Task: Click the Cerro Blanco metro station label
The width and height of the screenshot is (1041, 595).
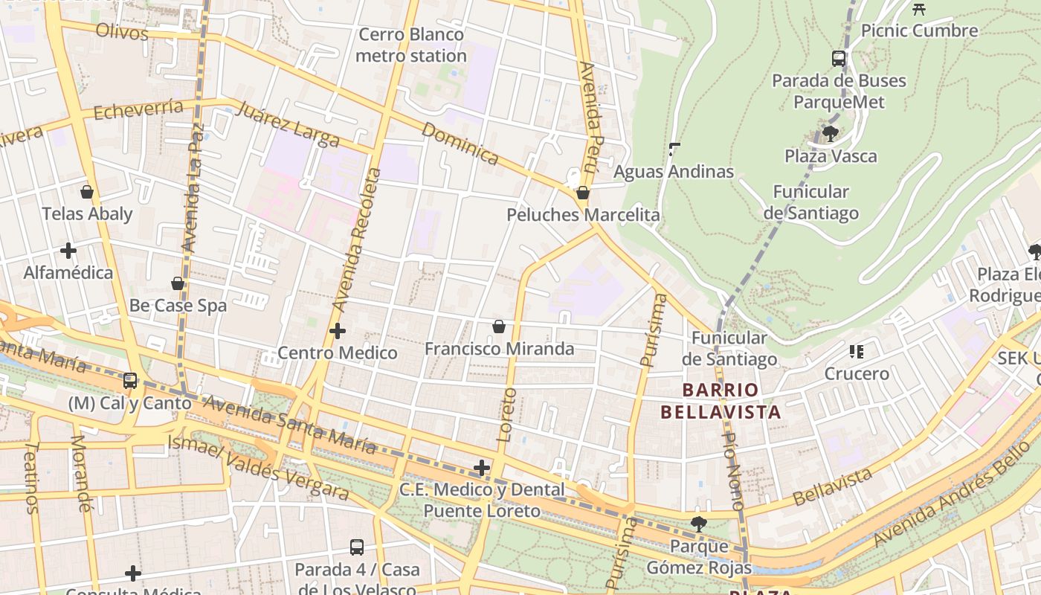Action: point(410,45)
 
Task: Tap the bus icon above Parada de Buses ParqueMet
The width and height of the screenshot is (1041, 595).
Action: point(839,58)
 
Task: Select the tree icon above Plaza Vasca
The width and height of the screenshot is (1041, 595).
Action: point(830,134)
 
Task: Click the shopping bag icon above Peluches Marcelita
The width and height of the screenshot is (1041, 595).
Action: point(583,193)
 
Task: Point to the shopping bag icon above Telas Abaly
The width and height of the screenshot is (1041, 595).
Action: point(87,192)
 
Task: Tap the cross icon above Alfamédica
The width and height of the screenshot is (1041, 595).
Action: point(68,251)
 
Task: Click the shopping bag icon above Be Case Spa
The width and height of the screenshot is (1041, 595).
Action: point(178,283)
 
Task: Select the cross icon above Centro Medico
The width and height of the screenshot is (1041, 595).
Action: point(338,330)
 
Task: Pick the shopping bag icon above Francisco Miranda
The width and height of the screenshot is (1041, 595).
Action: point(499,327)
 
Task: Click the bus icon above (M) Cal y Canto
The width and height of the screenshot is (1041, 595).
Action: point(130,381)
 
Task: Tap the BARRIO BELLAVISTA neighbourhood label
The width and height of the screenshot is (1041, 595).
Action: point(721,401)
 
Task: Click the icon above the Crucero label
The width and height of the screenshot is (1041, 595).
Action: point(856,351)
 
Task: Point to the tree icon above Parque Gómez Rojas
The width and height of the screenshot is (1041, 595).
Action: point(698,524)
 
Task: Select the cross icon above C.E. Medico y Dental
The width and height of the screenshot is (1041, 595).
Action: point(482,468)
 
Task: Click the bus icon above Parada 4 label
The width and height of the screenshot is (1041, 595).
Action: point(357,547)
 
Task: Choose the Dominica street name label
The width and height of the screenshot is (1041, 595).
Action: point(460,142)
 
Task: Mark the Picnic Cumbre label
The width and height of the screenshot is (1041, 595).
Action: point(919,30)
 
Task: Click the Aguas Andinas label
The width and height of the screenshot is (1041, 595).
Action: point(674,172)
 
